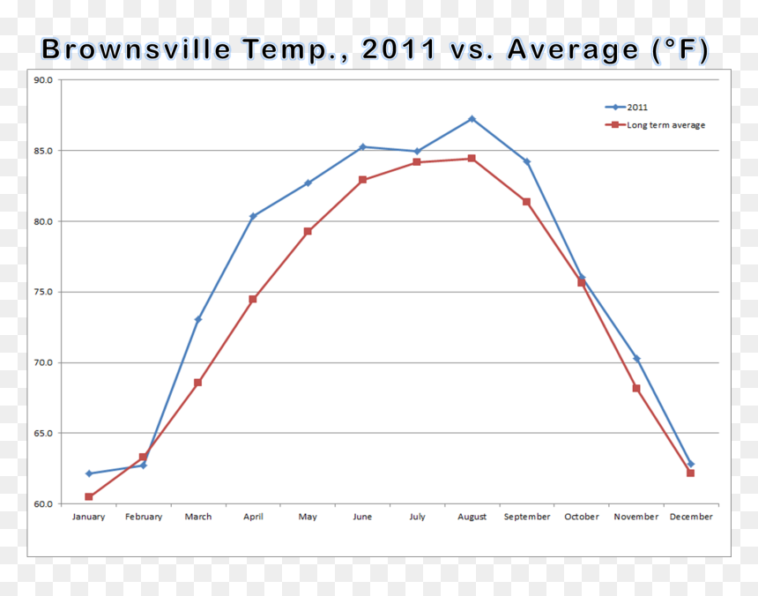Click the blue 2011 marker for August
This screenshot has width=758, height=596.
[x=472, y=119]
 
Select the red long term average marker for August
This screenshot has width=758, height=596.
[x=472, y=159]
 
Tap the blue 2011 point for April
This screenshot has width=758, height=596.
[x=253, y=216]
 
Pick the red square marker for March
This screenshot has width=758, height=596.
[x=197, y=383]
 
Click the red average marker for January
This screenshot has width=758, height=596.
[x=88, y=496]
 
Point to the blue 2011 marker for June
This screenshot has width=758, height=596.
[x=362, y=147]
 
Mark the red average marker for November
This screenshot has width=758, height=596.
[x=636, y=388]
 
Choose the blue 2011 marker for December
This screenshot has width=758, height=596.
[x=691, y=464]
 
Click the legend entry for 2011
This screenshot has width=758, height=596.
[x=627, y=108]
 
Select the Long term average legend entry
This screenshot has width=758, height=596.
[x=655, y=125]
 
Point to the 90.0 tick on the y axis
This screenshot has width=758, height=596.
[x=43, y=80]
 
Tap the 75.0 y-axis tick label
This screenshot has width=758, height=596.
[x=43, y=292]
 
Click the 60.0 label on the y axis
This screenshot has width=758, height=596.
[x=43, y=503]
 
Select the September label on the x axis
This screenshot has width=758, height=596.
[x=527, y=517]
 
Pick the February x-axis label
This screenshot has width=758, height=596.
[x=144, y=517]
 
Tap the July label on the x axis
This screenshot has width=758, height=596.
[x=417, y=517]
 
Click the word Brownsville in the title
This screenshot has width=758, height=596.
[x=137, y=49]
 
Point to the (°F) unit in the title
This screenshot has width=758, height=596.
[x=680, y=49]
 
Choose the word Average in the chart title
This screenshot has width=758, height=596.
[x=573, y=50]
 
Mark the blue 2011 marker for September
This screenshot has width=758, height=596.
[x=527, y=162]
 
